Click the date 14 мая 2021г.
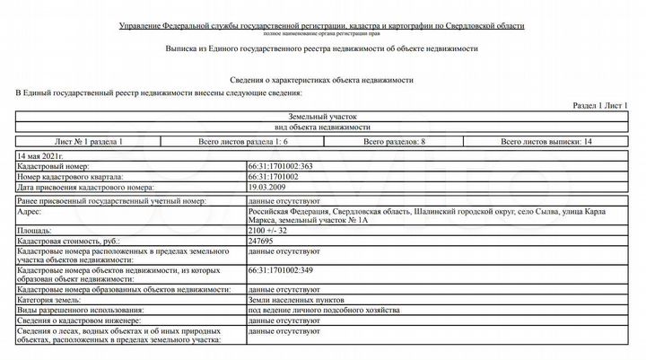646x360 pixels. [x=44, y=156]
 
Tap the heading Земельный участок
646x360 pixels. [x=322, y=117]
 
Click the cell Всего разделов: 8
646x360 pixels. [x=394, y=142]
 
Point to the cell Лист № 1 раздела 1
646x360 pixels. [x=89, y=142]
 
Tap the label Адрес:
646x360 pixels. [x=31, y=213]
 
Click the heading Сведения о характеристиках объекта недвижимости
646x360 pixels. [x=322, y=80]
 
